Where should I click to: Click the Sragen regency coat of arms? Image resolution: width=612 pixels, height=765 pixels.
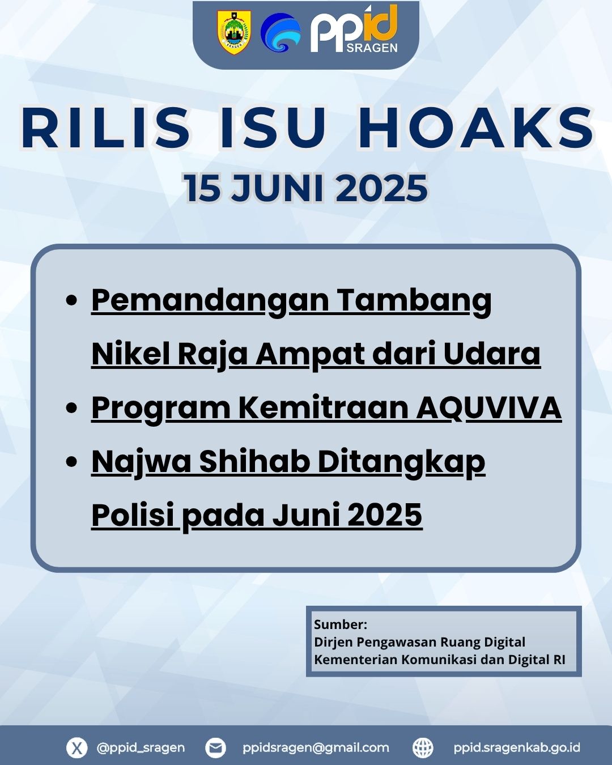click(x=233, y=32)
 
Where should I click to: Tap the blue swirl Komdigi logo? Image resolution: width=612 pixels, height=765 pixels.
click(x=280, y=33)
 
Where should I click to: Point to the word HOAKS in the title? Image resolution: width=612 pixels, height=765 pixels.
click(x=477, y=127)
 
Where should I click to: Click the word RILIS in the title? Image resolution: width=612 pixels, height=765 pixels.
click(x=105, y=127)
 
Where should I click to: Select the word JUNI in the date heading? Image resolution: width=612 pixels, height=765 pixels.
click(x=277, y=188)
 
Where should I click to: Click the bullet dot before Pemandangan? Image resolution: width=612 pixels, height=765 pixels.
click(x=72, y=300)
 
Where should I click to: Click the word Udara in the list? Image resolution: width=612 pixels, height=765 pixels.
click(x=492, y=354)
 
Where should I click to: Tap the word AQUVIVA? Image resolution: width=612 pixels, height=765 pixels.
click(x=489, y=408)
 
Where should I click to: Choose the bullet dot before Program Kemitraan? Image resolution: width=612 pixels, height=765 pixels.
click(x=72, y=408)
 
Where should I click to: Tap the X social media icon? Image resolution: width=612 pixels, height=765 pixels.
click(x=76, y=747)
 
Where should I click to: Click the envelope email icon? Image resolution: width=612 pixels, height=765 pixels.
click(x=215, y=747)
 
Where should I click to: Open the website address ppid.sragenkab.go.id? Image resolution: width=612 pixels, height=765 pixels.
click(x=517, y=747)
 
